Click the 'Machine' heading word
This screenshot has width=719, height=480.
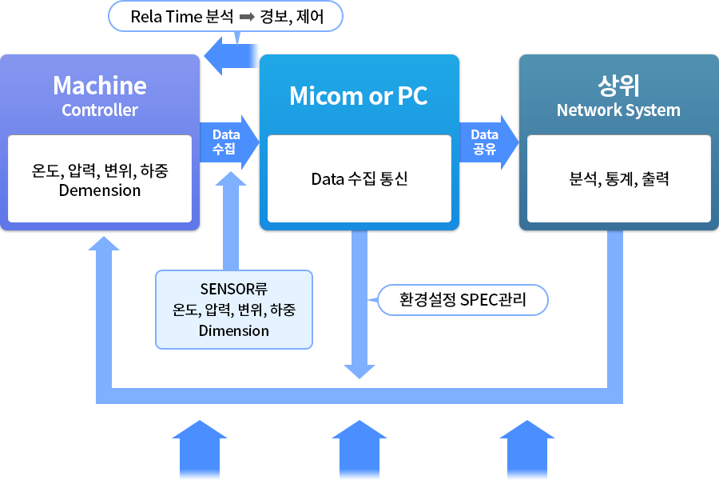coord(100,86)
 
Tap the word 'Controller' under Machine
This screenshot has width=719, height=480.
coord(100,110)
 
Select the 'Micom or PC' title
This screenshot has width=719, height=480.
coord(358,96)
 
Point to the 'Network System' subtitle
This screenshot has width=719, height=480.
coord(618,110)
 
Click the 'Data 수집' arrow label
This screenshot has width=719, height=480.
coord(226,142)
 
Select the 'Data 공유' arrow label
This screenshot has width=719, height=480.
coord(484,142)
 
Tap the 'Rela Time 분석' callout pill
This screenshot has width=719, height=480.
coord(225,16)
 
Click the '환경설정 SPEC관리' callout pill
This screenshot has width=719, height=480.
coord(462,300)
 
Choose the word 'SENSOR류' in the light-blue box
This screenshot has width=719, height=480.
coord(233,289)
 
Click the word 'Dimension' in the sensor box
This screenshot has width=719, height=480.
coord(233,330)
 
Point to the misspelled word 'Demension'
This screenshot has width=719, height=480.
coord(100,190)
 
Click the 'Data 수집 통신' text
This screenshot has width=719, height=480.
coord(359,178)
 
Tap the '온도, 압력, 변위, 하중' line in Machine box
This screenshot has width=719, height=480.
coord(100,170)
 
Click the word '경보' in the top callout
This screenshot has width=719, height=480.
coord(274,16)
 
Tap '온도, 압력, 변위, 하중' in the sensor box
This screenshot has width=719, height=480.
coord(233,310)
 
